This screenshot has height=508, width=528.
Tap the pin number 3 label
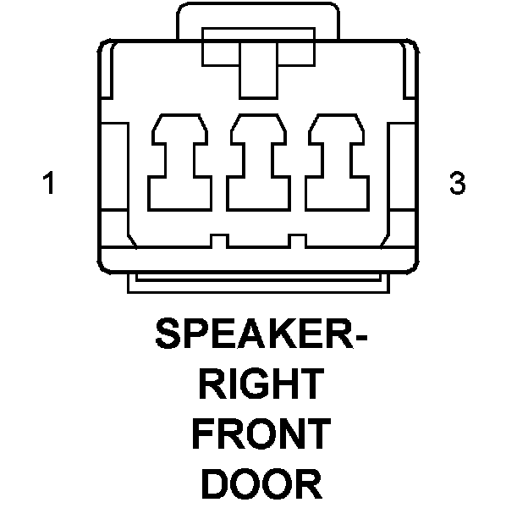pyautogui.click(x=458, y=184)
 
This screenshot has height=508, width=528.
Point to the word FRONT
pyautogui.click(x=261, y=435)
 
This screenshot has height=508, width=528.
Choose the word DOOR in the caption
pyautogui.click(x=262, y=484)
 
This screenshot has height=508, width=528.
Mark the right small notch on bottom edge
pyautogui.click(x=295, y=241)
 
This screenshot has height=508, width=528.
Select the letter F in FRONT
pyautogui.click(x=203, y=435)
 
